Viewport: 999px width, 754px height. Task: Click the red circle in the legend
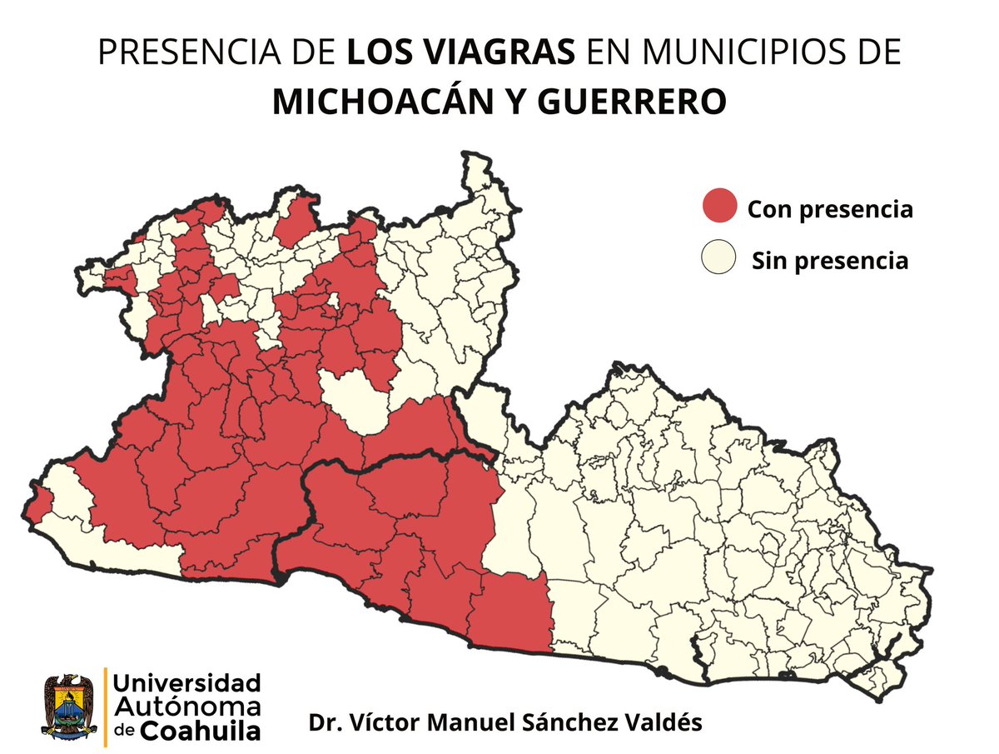[719, 206]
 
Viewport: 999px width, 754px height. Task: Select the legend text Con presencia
[829, 209]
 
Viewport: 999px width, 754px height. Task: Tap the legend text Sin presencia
[829, 261]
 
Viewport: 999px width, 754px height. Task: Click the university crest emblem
[70, 707]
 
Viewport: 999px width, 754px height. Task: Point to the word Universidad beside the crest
[186, 683]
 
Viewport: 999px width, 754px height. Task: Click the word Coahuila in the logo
[199, 731]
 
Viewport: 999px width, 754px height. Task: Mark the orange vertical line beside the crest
[105, 707]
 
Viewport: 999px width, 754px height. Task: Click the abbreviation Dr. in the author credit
[321, 722]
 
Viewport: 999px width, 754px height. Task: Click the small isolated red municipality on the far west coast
[38, 502]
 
